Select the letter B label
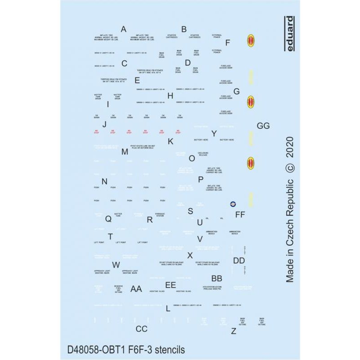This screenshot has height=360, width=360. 184,29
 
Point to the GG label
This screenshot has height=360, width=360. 263,126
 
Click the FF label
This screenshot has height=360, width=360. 240,215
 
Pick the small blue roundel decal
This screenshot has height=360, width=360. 233,204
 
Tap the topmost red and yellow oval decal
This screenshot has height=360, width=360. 251,41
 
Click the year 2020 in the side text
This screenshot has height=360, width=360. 290,147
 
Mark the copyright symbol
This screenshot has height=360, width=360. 290,167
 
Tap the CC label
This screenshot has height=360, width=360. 141,329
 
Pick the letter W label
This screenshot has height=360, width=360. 116,265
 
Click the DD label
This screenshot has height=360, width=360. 239,261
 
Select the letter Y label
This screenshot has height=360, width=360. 214,133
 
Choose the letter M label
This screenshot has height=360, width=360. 125,152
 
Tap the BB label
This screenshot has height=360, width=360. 216,279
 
